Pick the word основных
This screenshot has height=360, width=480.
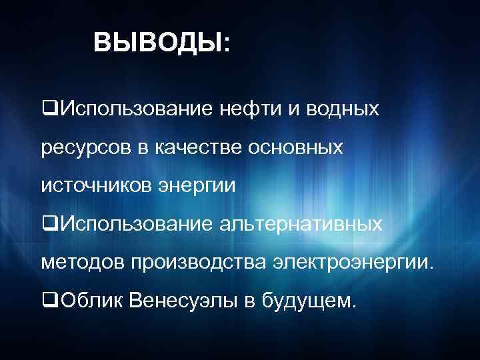(297, 147)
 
